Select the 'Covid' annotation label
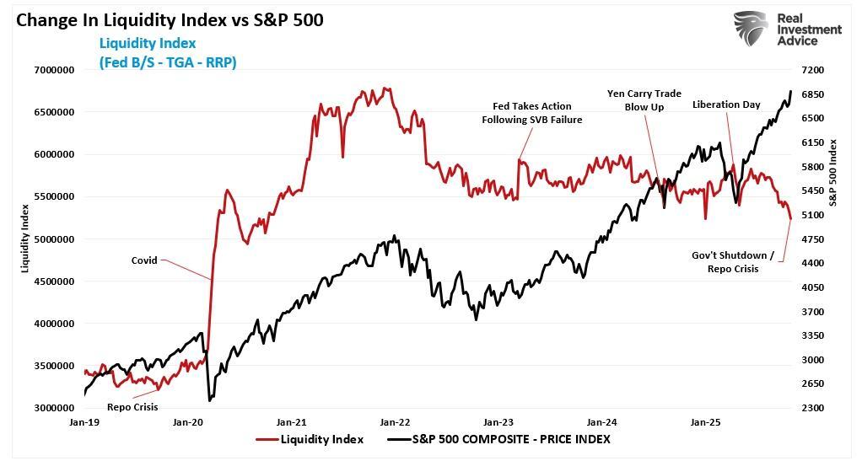[143, 260]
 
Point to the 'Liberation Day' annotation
[726, 105]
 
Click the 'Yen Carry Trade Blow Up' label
[644, 100]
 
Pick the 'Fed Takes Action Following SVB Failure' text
[532, 113]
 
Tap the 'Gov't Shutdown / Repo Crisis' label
[730, 262]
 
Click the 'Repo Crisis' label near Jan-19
[132, 406]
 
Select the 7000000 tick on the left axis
[52, 70]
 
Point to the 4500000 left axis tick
[52, 281]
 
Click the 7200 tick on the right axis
[816, 70]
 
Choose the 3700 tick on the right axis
[816, 312]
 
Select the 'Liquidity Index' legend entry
[310, 439]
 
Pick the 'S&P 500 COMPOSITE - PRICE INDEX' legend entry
[498, 439]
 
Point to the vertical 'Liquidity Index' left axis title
[24, 238]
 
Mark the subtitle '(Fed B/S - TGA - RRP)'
[167, 62]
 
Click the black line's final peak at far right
[790, 91]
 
